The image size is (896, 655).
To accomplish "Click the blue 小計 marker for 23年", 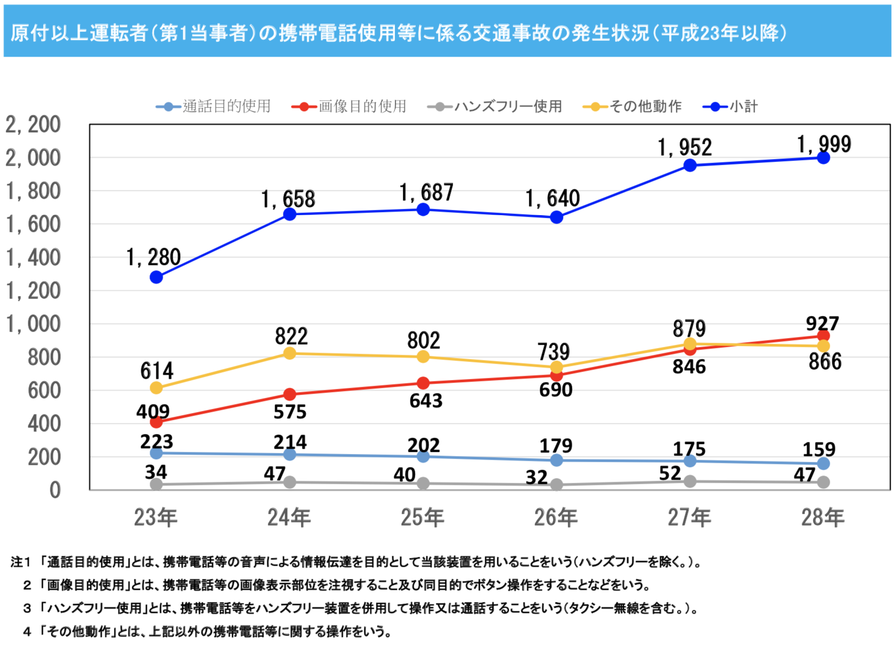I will coord(156,277).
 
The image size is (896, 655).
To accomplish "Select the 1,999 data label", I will coord(824,144).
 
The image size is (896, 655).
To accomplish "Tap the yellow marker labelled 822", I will coord(289,353).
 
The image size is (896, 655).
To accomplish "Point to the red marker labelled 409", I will coord(156,421).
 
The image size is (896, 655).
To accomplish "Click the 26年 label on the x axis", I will coord(556,517).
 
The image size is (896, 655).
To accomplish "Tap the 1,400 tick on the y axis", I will coord(33,258).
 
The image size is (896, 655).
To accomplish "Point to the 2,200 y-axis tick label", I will coord(33,125).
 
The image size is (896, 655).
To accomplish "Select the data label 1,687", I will coord(426,193).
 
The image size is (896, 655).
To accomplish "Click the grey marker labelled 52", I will coord(690,481).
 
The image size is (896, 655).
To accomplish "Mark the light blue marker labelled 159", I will coord(824,463).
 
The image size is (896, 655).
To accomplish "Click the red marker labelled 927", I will coord(824,335).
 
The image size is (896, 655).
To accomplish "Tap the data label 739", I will coord(554,351).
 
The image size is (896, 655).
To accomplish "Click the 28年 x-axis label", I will coord(823,517).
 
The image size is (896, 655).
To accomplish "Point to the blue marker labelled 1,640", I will coord(557,217).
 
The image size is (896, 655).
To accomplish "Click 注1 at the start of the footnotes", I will coord(21,562).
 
